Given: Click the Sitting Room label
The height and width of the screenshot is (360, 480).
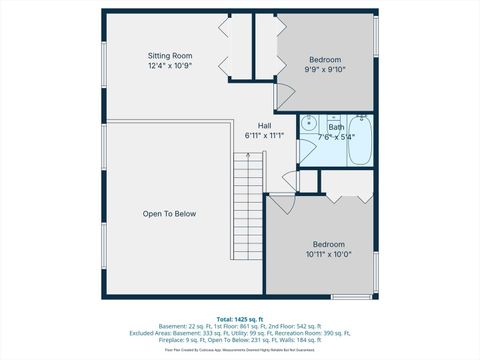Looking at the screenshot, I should [169, 55].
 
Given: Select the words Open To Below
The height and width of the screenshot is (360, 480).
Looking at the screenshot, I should [169, 214].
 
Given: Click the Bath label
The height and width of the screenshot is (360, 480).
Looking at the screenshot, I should [336, 127].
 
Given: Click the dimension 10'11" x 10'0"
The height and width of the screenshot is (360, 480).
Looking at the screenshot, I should [328, 254].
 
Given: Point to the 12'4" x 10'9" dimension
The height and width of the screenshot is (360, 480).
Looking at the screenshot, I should [169, 65].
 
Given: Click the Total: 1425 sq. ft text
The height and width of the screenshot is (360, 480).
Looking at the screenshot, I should [239, 319].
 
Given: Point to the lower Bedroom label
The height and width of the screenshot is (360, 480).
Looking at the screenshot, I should [328, 244].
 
